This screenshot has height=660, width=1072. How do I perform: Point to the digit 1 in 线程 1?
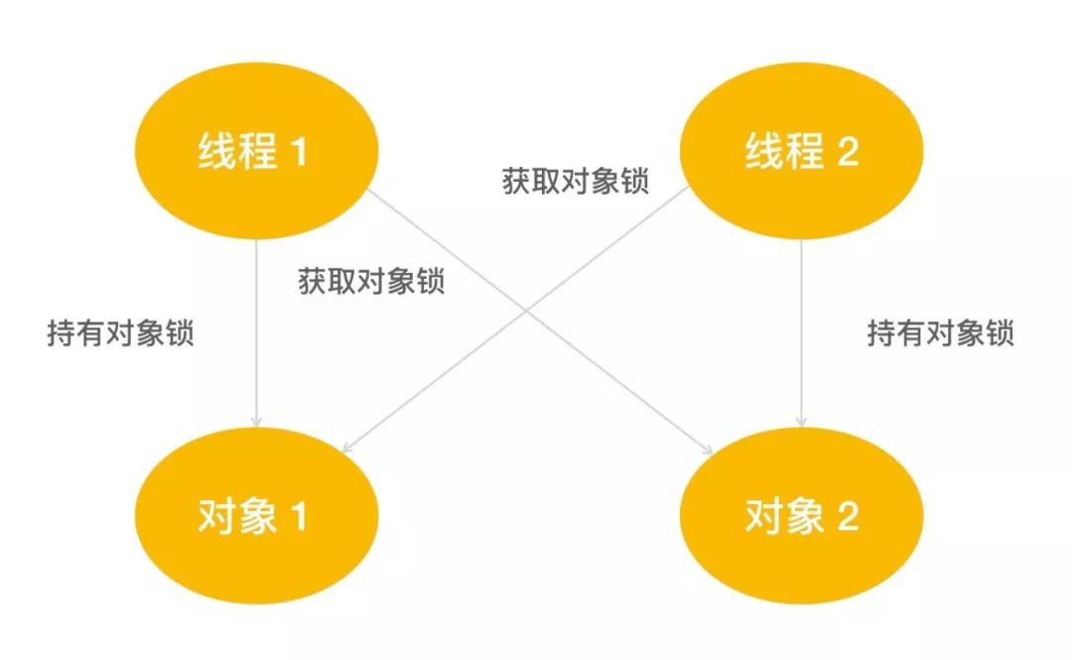pyautogui.click(x=299, y=155)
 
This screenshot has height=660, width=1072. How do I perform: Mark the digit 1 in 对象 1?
pyautogui.click(x=299, y=518)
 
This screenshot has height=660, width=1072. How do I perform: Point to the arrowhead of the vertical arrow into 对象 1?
pyautogui.click(x=257, y=422)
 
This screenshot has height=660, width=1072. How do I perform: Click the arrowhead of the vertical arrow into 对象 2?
pyautogui.click(x=801, y=422)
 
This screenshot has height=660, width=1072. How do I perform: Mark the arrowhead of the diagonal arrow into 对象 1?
pyautogui.click(x=350, y=446)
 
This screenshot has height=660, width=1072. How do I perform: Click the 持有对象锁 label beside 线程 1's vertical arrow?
pyautogui.click(x=120, y=333)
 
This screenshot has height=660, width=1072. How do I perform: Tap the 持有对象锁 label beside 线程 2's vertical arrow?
pyautogui.click(x=940, y=333)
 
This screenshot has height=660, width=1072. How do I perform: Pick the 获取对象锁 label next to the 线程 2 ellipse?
pyautogui.click(x=576, y=183)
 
